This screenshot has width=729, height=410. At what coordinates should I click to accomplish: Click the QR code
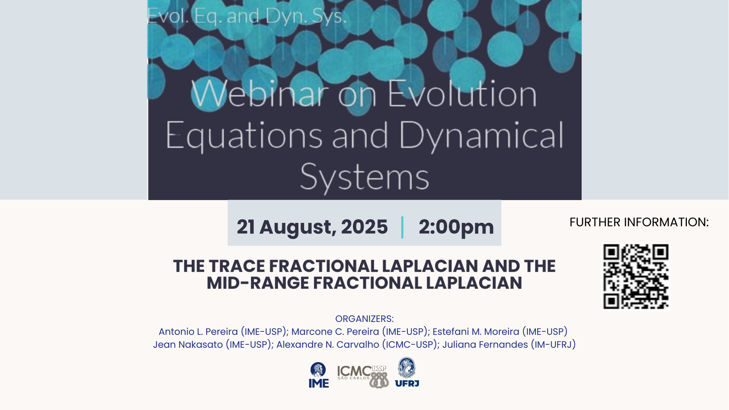[636, 277]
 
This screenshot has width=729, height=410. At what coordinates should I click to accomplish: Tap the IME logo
[319, 375]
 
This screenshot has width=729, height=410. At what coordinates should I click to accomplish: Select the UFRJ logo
[407, 372]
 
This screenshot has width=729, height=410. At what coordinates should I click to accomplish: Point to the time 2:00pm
[456, 227]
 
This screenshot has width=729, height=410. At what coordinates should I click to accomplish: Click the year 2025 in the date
[364, 227]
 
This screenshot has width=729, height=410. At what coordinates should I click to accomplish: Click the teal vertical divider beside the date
[402, 227]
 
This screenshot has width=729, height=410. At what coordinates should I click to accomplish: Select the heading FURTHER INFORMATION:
[639, 222]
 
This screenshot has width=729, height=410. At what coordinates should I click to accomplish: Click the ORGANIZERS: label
[364, 319]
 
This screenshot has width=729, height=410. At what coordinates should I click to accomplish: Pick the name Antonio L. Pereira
[198, 332]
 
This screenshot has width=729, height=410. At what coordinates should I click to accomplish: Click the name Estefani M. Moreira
[476, 332]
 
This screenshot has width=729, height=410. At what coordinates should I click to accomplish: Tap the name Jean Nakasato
[188, 345]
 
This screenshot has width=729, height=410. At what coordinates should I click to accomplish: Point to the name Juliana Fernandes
[485, 345]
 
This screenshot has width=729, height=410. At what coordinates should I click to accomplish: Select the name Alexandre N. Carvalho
[328, 345]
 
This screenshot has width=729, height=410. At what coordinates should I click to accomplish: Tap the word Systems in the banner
[364, 177]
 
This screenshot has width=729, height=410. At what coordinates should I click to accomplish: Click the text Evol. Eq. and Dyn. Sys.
[247, 16]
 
